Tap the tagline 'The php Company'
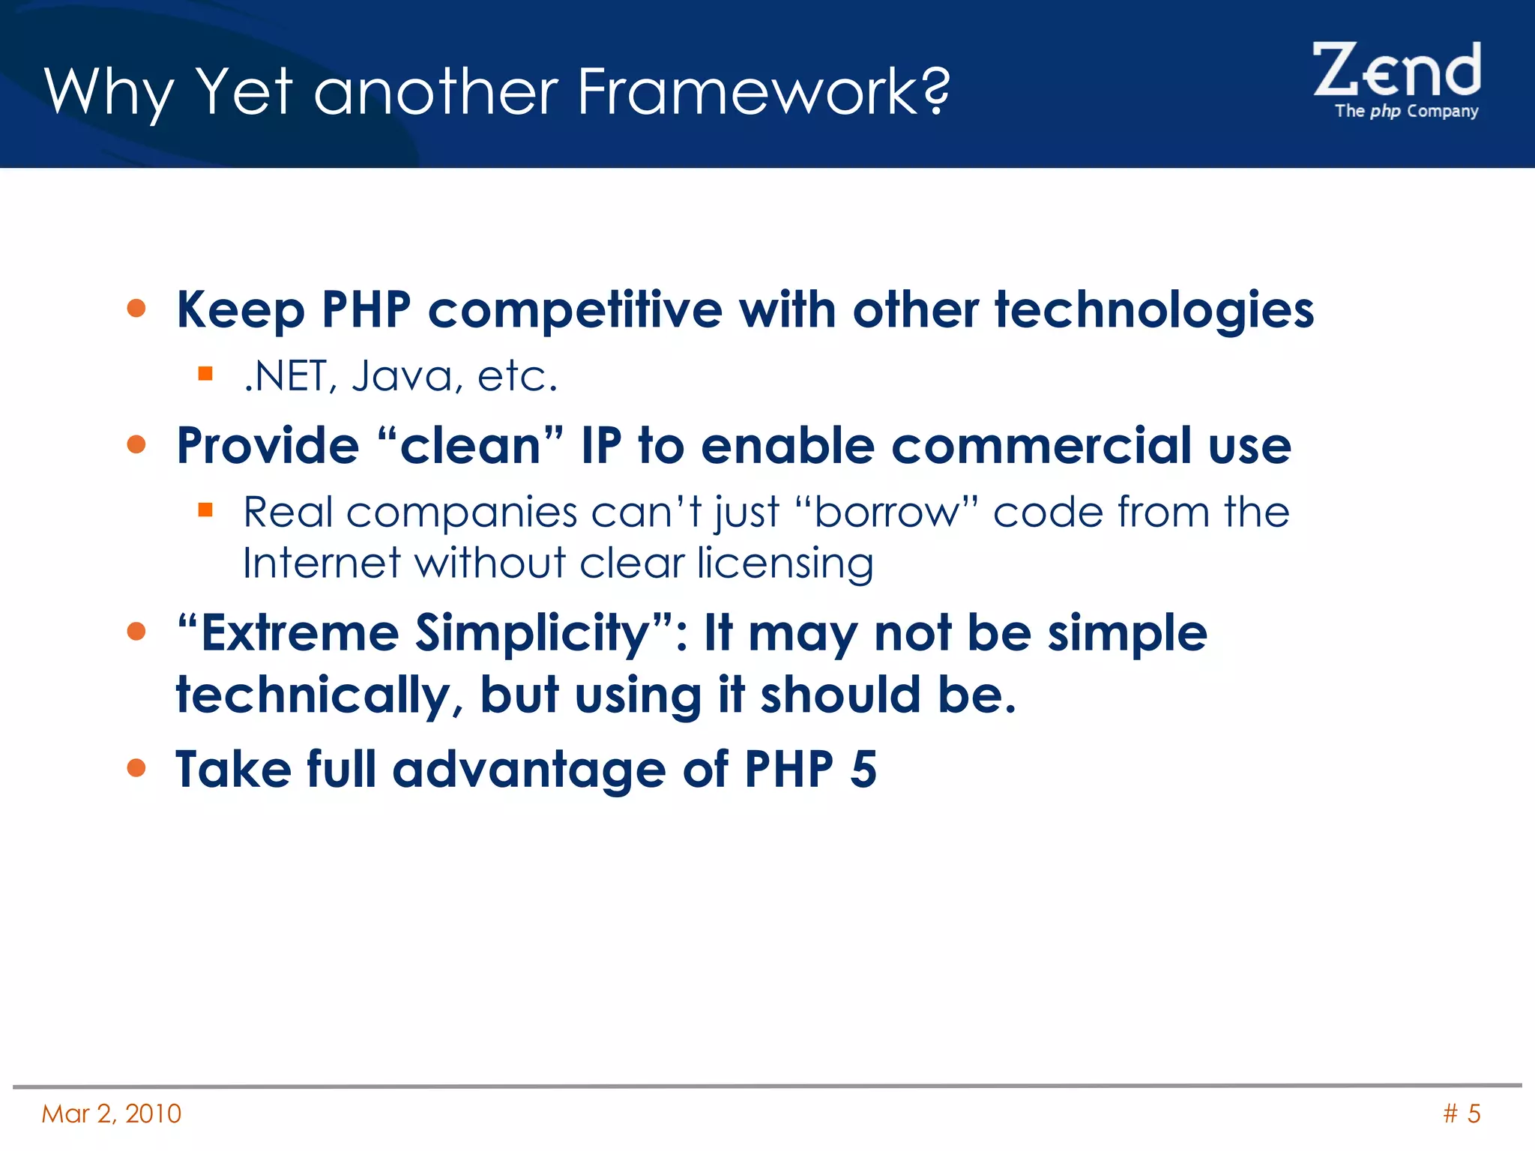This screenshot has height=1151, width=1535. click(x=1406, y=111)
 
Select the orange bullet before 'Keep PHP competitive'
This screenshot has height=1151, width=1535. click(x=136, y=308)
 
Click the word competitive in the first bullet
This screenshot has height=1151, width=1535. click(x=575, y=310)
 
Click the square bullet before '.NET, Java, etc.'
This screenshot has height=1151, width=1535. click(x=205, y=373)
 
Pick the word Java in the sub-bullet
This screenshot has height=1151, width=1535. click(x=402, y=376)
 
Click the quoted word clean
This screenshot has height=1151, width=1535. click(x=470, y=446)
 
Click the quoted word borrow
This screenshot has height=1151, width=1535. click(x=887, y=513)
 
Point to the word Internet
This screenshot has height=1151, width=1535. click(x=322, y=563)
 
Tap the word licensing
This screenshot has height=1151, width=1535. click(x=785, y=563)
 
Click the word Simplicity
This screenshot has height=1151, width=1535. click(x=533, y=634)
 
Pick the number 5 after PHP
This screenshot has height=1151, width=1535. click(x=863, y=770)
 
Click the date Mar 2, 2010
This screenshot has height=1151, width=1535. click(x=111, y=1114)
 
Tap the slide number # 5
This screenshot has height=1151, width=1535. click(x=1462, y=1114)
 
